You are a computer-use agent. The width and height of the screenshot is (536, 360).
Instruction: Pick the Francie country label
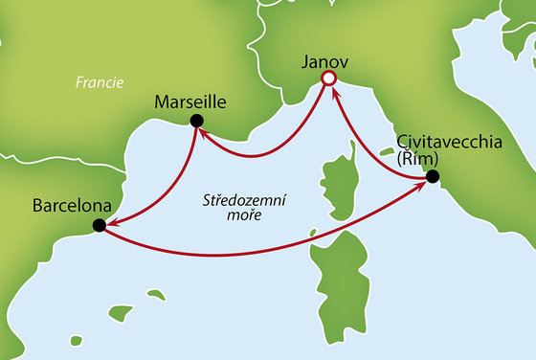[x=100, y=83]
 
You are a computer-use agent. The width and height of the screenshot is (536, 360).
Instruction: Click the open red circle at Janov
[x=328, y=79]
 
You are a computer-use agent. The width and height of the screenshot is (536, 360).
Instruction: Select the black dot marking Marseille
[x=195, y=120]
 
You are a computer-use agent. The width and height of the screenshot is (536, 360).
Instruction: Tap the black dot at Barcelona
[x=98, y=226]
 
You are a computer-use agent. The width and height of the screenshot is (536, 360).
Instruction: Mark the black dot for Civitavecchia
[x=432, y=176]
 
